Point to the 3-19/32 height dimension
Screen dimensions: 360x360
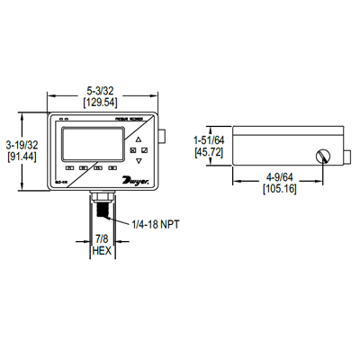tap(21, 145)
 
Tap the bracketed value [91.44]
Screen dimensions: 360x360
tap(21, 157)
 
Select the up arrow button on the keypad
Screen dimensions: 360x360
tap(137, 140)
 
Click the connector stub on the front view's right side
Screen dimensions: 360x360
tap(165, 135)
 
